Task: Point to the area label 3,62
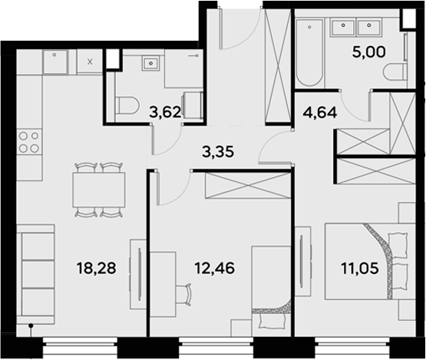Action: pos(164,112)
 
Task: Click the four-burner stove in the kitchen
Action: pos(29,142)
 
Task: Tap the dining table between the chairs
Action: pos(99,190)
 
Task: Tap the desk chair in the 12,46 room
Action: pos(184,292)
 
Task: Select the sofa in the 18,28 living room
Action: pos(36,272)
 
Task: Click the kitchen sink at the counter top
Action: pos(56,61)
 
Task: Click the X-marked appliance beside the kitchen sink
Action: pos(90,61)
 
